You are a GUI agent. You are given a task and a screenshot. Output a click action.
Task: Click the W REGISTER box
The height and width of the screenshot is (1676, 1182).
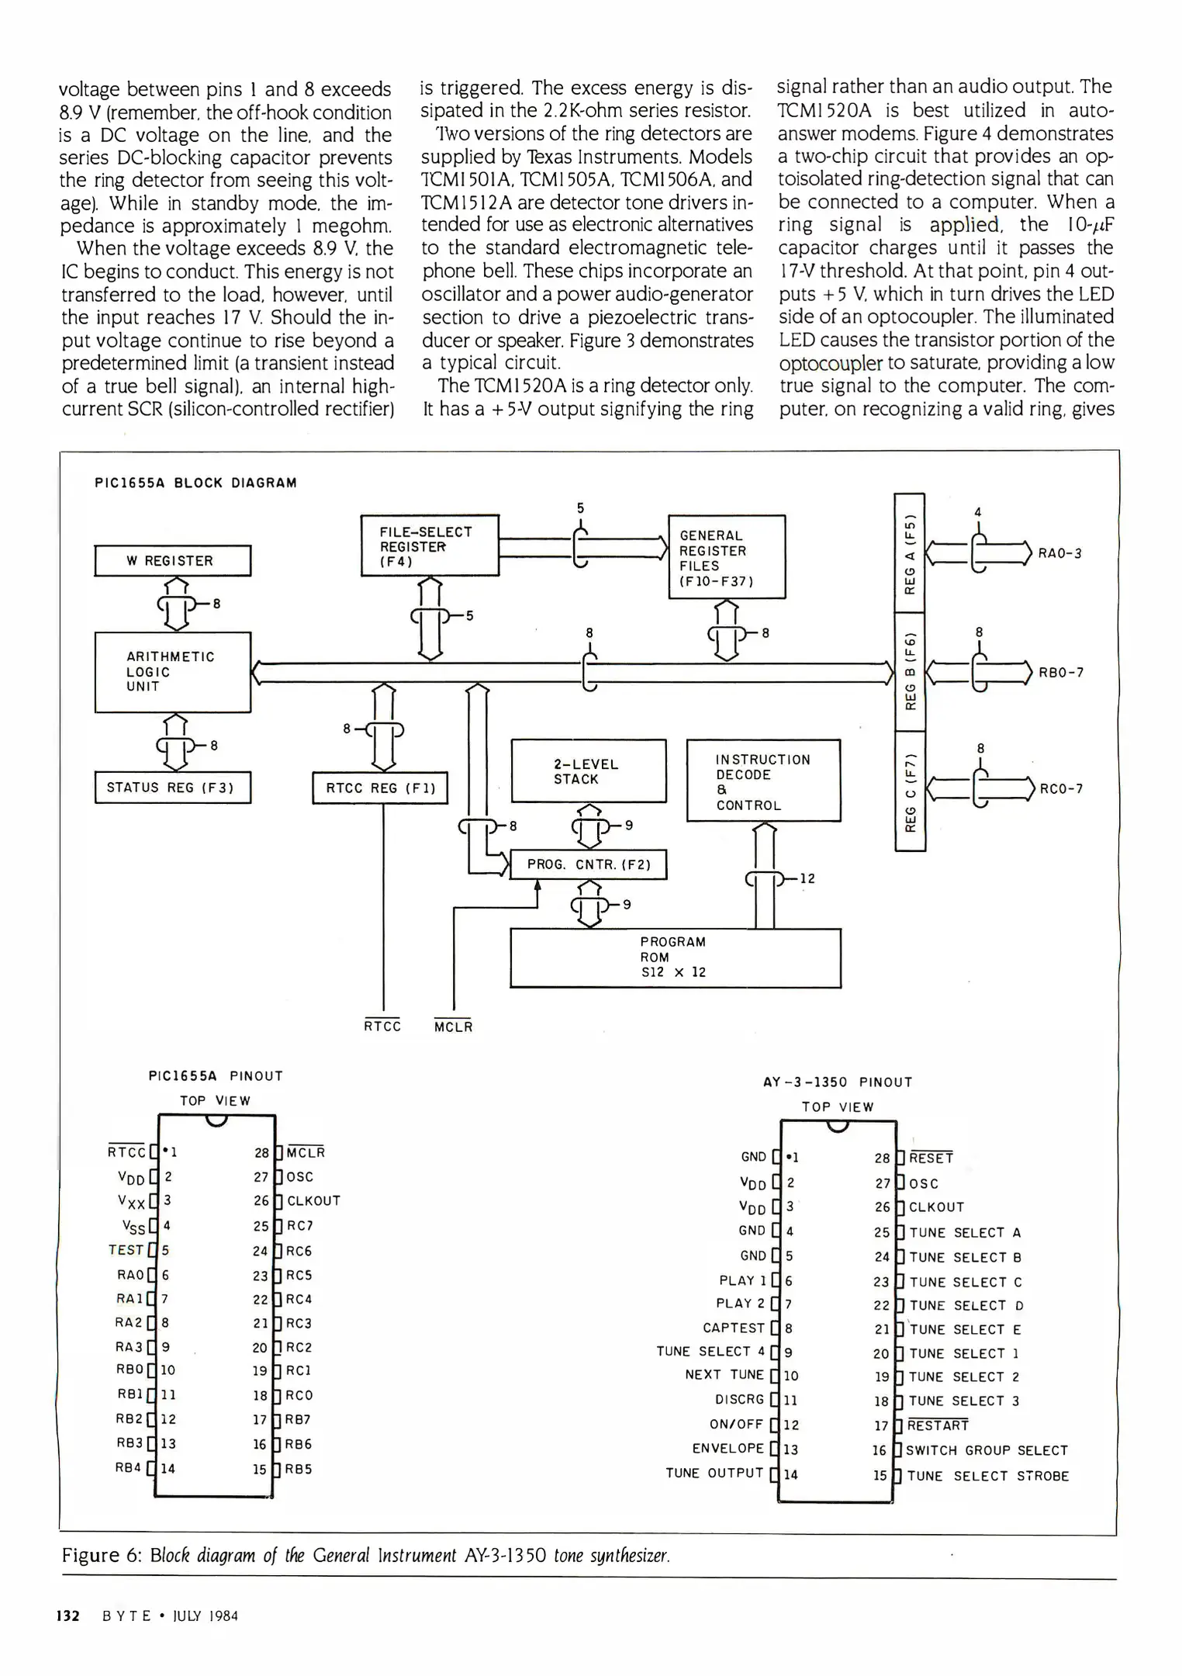(x=172, y=560)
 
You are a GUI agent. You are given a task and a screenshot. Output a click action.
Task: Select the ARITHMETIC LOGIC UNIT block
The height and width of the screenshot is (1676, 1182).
(x=172, y=672)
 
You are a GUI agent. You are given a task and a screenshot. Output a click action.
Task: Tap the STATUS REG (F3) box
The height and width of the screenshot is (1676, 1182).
(x=172, y=787)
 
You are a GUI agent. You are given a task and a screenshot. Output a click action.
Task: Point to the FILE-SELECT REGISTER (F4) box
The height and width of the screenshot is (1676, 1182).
(x=430, y=545)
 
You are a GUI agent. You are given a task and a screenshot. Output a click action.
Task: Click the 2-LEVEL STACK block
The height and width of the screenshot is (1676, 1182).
(x=588, y=770)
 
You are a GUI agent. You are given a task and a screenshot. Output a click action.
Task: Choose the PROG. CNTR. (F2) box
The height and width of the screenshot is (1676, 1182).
(x=588, y=864)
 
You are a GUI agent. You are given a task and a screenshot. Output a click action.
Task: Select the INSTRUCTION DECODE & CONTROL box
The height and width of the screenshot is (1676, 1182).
(x=763, y=781)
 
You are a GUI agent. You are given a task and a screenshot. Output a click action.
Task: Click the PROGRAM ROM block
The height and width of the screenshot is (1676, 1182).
(x=675, y=957)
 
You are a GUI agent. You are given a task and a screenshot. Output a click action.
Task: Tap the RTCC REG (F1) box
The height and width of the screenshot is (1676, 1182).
(x=380, y=788)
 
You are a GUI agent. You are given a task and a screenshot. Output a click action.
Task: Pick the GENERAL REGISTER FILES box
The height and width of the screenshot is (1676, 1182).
(x=727, y=557)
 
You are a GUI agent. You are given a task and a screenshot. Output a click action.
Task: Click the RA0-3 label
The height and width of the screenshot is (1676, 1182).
(x=1059, y=553)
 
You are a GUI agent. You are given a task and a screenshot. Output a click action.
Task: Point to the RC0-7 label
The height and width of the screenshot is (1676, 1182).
(x=1060, y=789)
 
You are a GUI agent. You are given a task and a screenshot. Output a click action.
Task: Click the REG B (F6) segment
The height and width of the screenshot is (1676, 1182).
(x=911, y=672)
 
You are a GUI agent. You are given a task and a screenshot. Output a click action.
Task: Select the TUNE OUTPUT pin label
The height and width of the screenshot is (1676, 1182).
(x=714, y=1473)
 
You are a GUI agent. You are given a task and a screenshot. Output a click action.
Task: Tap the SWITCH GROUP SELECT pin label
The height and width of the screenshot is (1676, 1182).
(x=987, y=1450)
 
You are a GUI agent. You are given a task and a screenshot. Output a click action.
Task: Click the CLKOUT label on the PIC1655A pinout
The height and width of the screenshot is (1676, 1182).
(x=313, y=1201)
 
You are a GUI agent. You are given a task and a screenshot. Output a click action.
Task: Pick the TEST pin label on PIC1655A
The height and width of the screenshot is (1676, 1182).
(x=126, y=1250)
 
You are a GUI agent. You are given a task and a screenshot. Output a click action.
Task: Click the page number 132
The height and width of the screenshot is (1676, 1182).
(x=68, y=1616)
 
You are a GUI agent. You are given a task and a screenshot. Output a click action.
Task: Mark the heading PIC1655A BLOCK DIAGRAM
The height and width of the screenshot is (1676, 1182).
(x=195, y=483)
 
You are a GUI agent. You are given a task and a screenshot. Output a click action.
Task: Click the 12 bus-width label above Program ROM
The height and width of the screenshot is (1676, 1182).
(x=807, y=878)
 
